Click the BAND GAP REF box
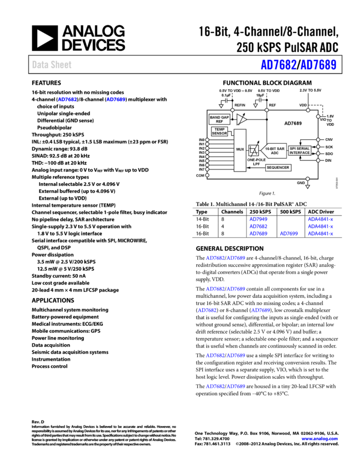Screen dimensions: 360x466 (x=219, y=120)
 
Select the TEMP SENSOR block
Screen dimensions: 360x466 (x=219, y=132)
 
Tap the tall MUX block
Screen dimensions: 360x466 (x=240, y=150)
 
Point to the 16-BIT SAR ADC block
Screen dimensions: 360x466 (x=274, y=151)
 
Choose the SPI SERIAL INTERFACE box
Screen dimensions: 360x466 (x=299, y=151)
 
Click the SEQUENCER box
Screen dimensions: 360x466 (x=278, y=168)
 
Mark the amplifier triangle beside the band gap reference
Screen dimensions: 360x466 (x=241, y=120)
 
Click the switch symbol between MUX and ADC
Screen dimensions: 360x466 (x=253, y=150)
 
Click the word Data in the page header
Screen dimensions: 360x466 (x=40, y=65)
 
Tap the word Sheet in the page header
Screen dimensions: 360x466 (x=61, y=65)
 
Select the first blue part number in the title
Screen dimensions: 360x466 (x=278, y=65)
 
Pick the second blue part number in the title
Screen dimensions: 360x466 (x=318, y=65)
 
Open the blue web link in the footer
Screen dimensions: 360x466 (x=319, y=439)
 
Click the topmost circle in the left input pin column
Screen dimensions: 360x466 (x=207, y=140)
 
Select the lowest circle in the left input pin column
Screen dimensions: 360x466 (x=207, y=175)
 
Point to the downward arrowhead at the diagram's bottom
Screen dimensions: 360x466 (x=307, y=187)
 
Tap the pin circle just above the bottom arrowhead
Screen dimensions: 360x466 (x=307, y=179)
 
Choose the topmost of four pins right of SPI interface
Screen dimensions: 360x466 (x=318, y=140)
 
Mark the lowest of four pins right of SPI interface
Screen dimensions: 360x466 (x=318, y=160)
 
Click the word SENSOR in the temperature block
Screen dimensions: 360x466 (x=219, y=134)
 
